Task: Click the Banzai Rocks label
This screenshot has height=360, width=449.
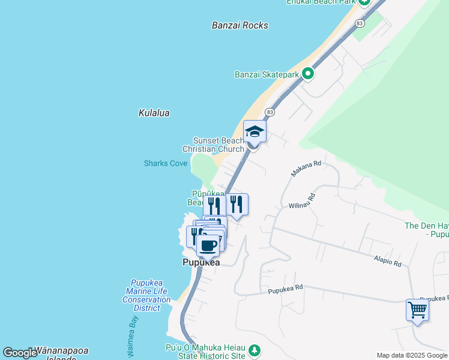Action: (240, 25)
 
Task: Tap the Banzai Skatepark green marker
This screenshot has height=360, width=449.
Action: (308, 74)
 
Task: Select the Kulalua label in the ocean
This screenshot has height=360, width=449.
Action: (154, 113)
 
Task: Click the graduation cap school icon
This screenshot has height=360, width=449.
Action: (255, 131)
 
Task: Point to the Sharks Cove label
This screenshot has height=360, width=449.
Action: (166, 163)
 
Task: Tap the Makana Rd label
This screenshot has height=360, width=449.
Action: (307, 168)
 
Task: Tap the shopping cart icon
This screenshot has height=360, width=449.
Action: (417, 310)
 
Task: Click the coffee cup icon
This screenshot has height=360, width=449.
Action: (209, 245)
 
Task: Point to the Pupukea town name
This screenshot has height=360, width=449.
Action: (201, 263)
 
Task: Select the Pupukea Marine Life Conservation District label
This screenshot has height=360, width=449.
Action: (147, 295)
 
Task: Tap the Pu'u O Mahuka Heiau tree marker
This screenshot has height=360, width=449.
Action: (255, 349)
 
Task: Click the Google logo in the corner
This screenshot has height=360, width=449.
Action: (20, 353)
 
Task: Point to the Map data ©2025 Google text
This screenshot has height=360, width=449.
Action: (412, 355)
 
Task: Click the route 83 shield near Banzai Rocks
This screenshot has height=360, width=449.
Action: (360, 23)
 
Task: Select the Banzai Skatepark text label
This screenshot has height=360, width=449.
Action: (267, 75)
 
